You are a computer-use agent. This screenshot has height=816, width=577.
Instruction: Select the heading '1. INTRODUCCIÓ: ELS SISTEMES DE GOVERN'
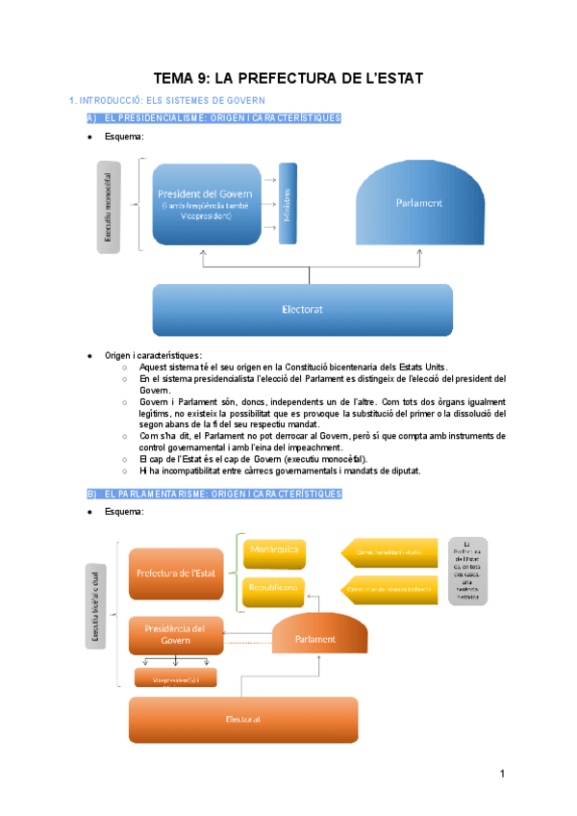(163, 100)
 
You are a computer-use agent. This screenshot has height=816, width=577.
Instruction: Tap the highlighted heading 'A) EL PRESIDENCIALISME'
(213, 118)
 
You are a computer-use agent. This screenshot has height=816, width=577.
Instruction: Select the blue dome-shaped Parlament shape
(418, 203)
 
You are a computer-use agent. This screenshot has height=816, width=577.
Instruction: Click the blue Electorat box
(301, 310)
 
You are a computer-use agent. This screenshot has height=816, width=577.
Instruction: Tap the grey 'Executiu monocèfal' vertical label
(108, 207)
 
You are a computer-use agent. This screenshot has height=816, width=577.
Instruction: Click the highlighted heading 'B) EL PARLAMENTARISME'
(213, 494)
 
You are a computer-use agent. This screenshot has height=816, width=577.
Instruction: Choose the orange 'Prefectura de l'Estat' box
(175, 574)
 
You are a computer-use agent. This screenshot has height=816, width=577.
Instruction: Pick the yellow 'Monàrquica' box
(274, 551)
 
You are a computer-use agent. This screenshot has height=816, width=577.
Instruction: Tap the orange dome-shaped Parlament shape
(316, 636)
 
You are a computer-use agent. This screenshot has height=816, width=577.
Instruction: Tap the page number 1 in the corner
(502, 775)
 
